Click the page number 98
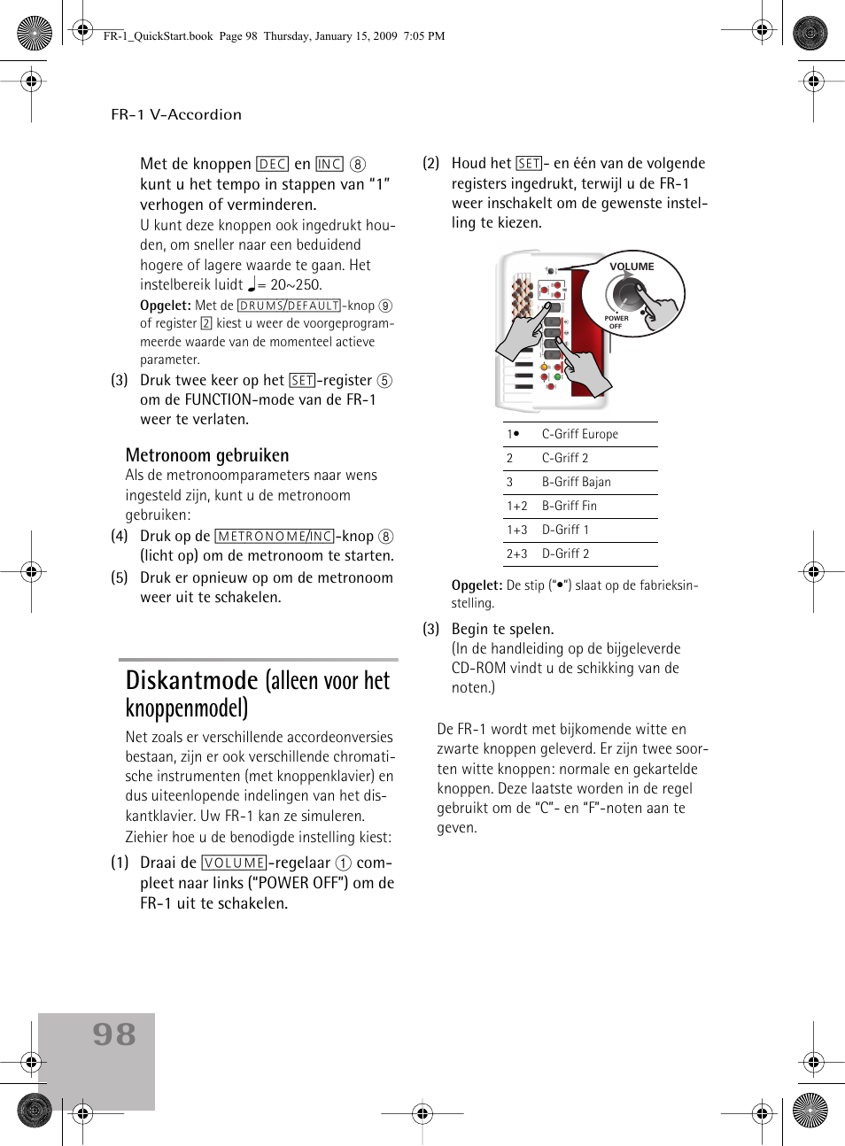click(114, 1034)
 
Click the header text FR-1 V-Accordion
click(176, 114)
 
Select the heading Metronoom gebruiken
click(207, 455)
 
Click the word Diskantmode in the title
click(191, 680)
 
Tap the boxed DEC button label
click(272, 165)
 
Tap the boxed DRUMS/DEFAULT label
click(290, 306)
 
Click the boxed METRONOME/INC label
click(275, 537)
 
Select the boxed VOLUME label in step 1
click(235, 863)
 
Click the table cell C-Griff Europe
click(579, 434)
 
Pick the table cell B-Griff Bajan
click(576, 482)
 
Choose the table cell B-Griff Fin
click(569, 506)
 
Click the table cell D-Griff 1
click(565, 530)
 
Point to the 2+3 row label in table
click(516, 554)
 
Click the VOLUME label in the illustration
click(632, 267)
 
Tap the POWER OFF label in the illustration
click(616, 321)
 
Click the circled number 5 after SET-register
click(384, 381)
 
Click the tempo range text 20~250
click(296, 285)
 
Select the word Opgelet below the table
click(477, 585)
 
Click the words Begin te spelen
click(502, 629)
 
